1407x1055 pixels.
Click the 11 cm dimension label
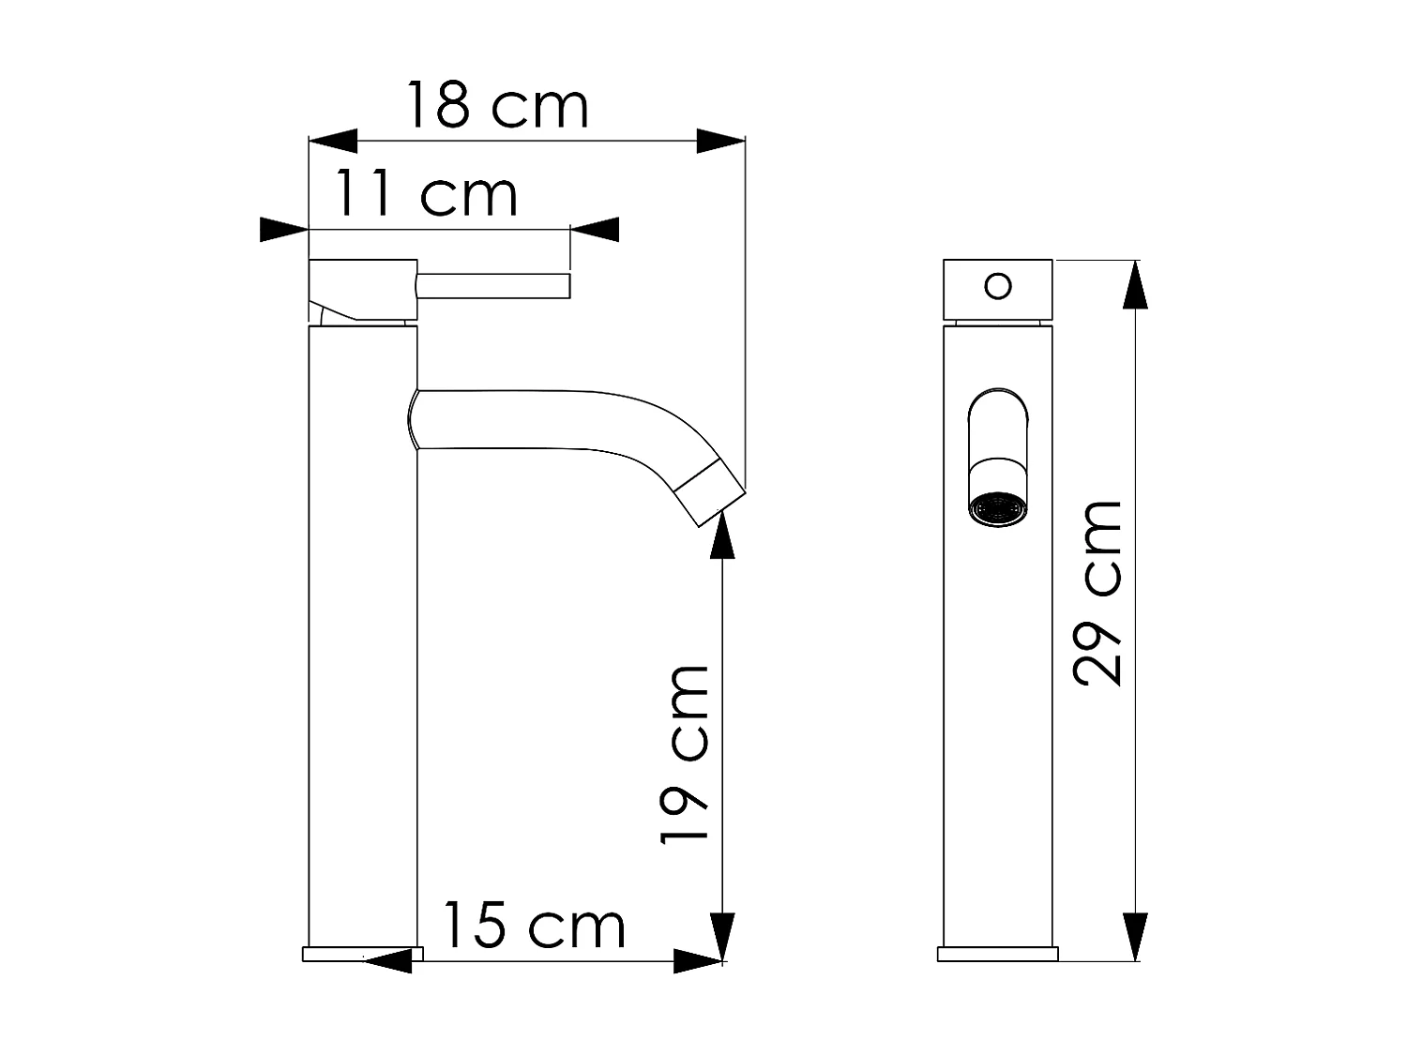coord(426,195)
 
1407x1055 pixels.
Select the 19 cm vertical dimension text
coord(685,755)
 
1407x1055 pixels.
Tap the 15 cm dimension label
coord(533,926)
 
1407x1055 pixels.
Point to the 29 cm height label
coord(1097,594)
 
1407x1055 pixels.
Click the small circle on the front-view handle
coord(999,285)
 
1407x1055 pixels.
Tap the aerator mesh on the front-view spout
coord(998,509)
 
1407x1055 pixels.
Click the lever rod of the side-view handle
coord(493,286)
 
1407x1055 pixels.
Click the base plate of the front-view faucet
coord(998,954)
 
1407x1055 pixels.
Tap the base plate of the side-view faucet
coord(362,954)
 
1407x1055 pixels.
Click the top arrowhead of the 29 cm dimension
coord(1135,285)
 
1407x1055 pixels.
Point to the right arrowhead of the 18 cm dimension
coord(719,142)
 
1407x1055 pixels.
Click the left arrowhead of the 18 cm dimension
coord(334,142)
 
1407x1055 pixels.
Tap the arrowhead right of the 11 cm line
coord(595,229)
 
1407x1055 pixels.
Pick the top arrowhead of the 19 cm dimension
coord(721,536)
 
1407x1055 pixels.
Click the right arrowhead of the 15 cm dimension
coord(698,961)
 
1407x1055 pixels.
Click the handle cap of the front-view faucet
coord(998,289)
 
